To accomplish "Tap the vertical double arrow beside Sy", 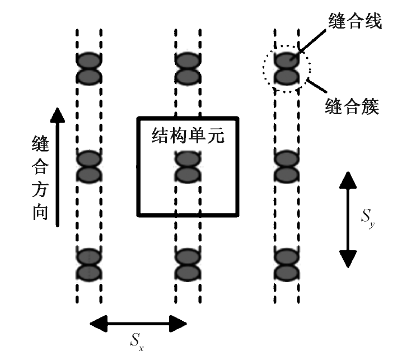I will [x=347, y=219].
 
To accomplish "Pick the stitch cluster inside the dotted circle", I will [x=286, y=68].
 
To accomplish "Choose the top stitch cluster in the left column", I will [x=88, y=68].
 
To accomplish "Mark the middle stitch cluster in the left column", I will [x=88, y=166].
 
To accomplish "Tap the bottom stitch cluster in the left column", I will [x=88, y=264].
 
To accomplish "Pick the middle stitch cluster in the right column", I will [x=286, y=166].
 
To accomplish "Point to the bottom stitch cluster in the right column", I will [x=286, y=264].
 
